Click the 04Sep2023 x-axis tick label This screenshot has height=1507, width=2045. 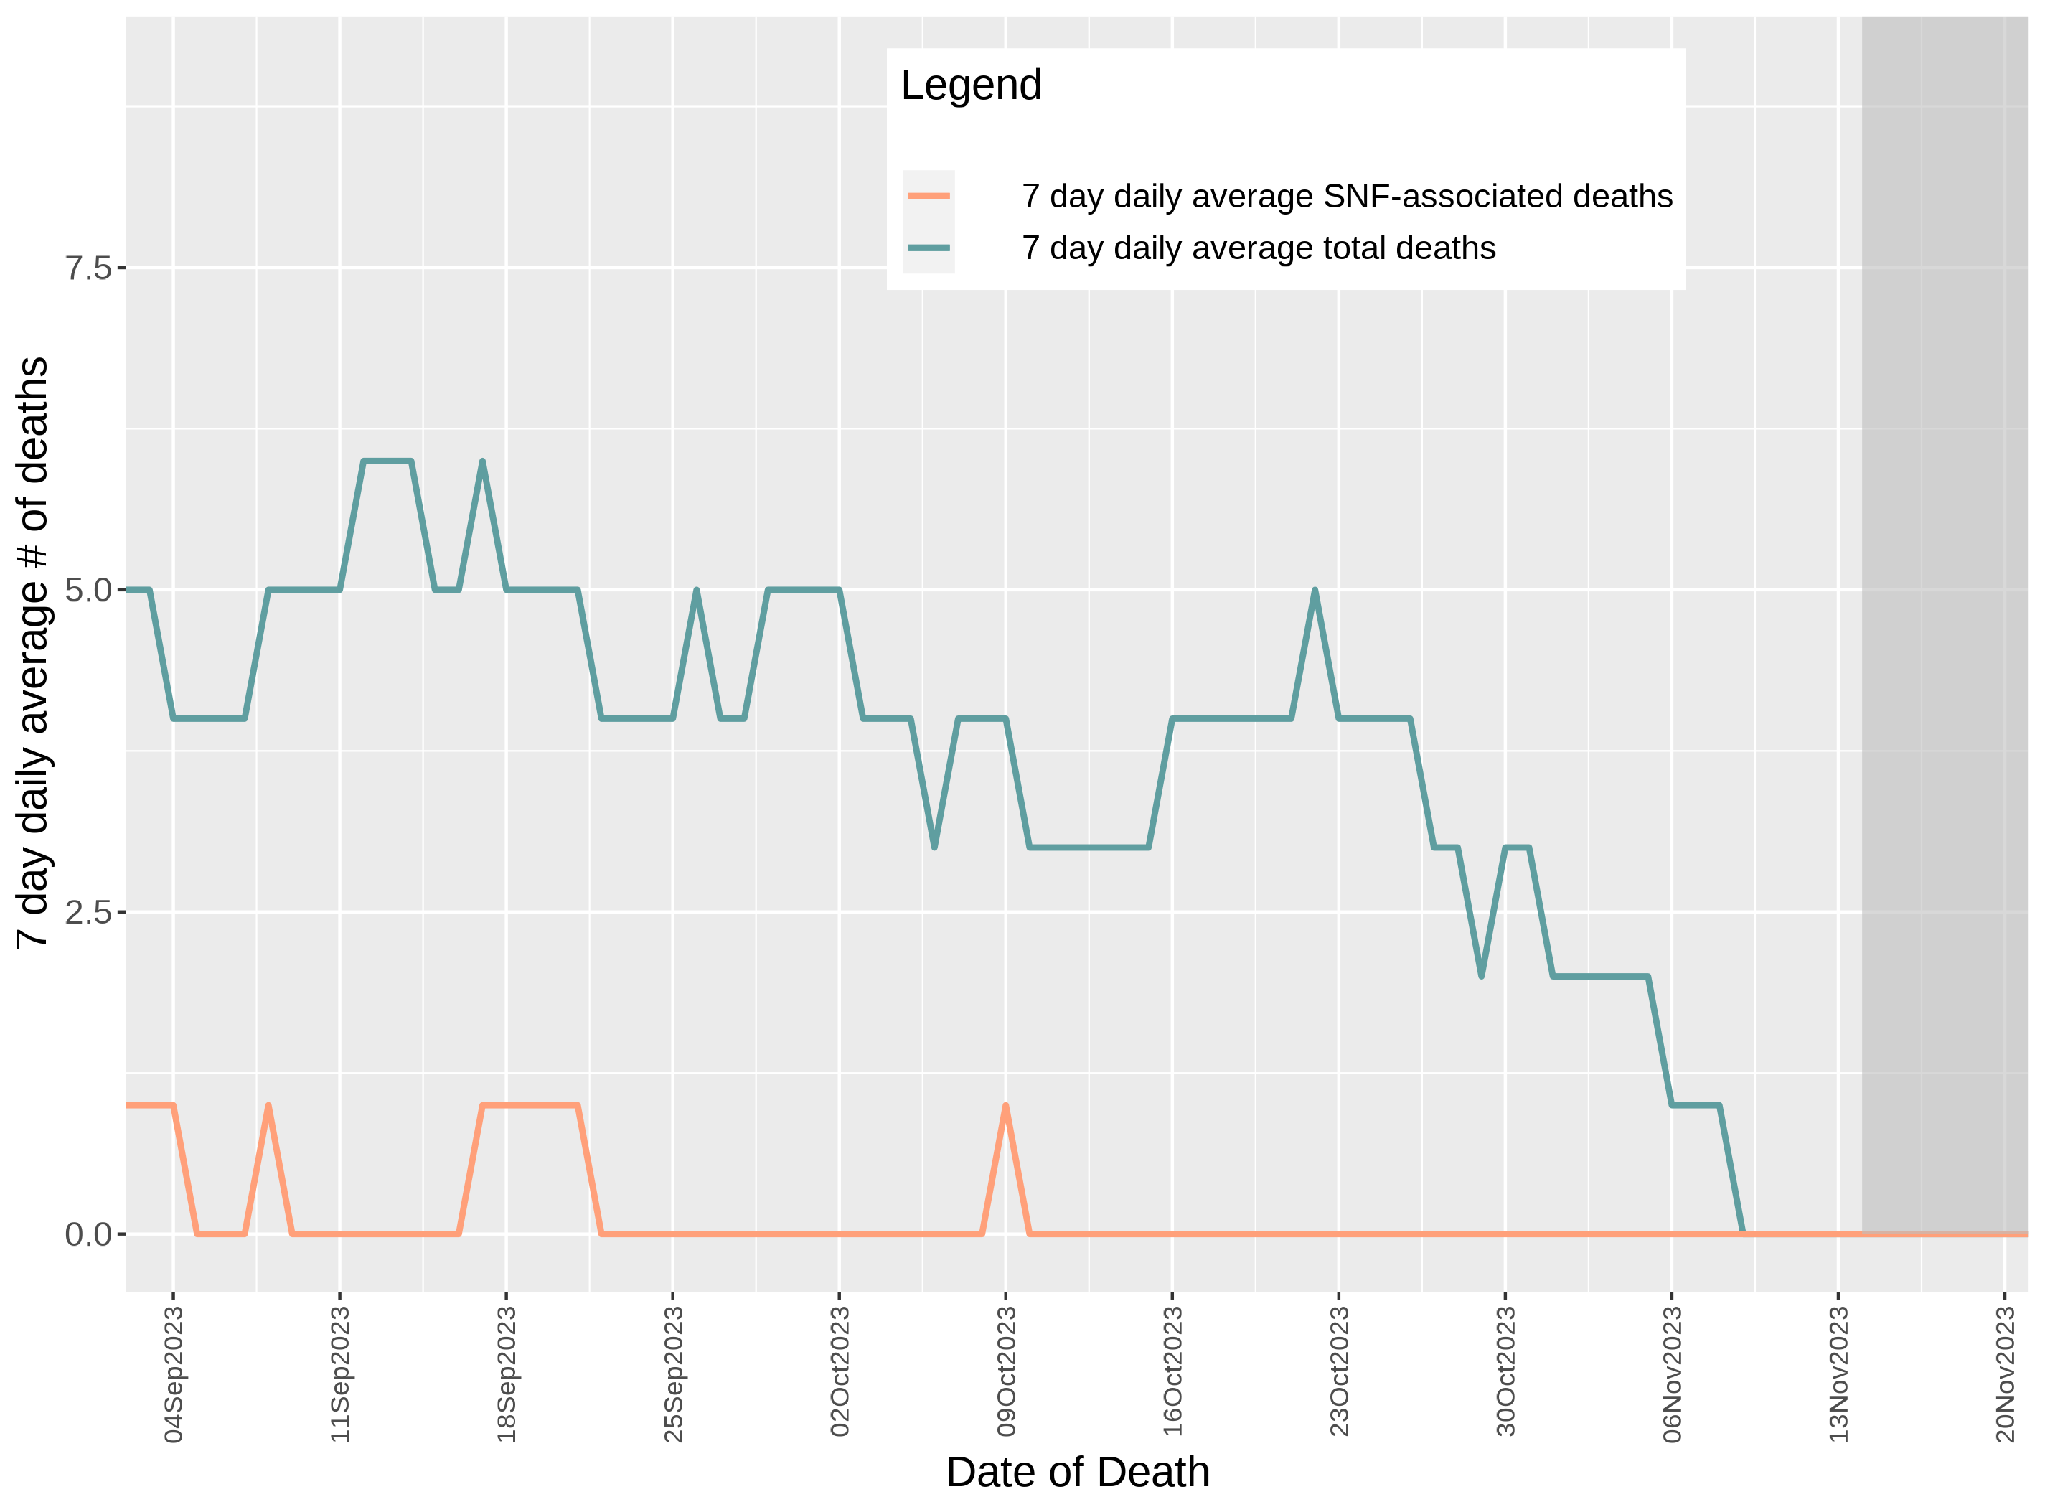[x=174, y=1374]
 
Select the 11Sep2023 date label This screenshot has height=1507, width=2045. [x=340, y=1374]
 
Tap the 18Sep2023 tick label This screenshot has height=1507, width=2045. [x=507, y=1374]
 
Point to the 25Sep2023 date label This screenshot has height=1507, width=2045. [x=673, y=1374]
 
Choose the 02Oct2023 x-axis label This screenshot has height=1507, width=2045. [x=839, y=1372]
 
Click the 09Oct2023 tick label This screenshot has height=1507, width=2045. [x=1006, y=1372]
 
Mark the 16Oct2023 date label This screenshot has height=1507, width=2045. [x=1172, y=1372]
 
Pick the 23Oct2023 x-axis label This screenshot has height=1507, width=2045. [x=1339, y=1372]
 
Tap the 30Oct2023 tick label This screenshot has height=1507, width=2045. [x=1505, y=1372]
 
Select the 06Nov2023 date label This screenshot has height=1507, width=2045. [x=1672, y=1374]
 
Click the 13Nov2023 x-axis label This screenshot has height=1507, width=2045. [x=1838, y=1374]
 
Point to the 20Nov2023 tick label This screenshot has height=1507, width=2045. [x=2005, y=1374]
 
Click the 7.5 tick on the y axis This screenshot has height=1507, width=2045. [x=88, y=268]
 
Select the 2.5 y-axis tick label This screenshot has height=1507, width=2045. [x=88, y=912]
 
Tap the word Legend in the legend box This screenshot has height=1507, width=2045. [x=971, y=85]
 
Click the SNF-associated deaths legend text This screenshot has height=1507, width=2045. [x=1346, y=196]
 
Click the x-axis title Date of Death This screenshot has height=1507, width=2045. [x=1077, y=1471]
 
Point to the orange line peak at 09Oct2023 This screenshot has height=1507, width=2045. [x=1005, y=1106]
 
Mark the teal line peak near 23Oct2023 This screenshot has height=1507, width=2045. [x=1315, y=591]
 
